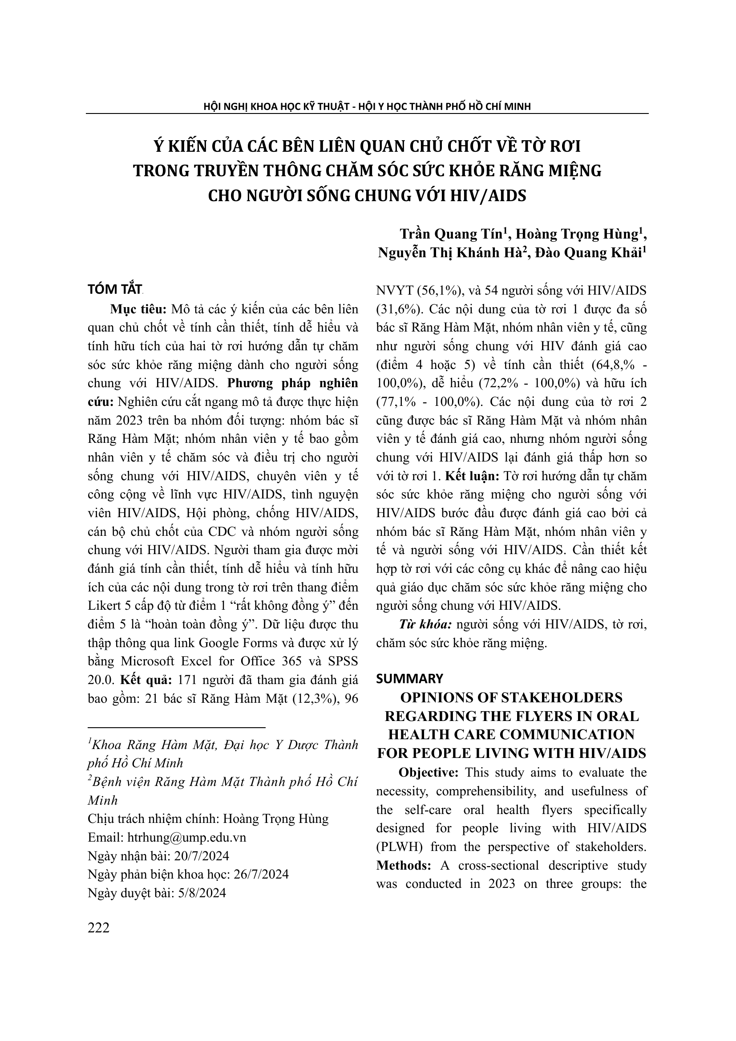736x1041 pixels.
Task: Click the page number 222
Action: [x=99, y=928]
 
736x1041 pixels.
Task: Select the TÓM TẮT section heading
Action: [x=115, y=290]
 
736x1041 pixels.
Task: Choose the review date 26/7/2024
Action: [x=261, y=874]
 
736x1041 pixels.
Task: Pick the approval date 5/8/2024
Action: [x=200, y=893]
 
